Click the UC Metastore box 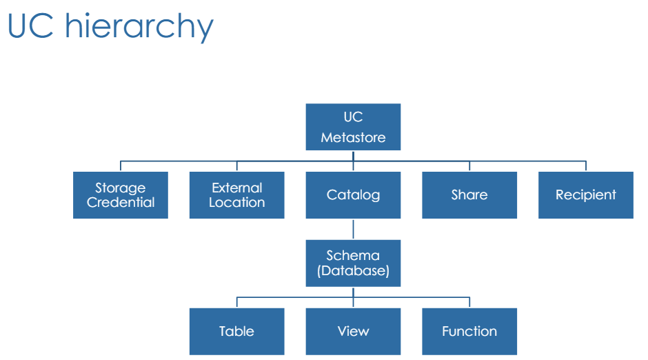click(353, 127)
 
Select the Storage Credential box click(121, 195)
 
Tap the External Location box click(237, 195)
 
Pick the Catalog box click(353, 195)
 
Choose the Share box click(469, 195)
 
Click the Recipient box click(585, 195)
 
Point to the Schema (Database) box click(353, 263)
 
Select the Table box click(237, 332)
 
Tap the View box click(353, 332)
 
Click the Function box click(469, 332)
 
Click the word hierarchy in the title click(139, 27)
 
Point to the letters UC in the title click(30, 26)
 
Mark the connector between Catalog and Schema click(354, 229)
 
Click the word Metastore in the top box click(354, 137)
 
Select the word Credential click(121, 202)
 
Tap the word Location click(237, 202)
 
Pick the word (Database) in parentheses click(354, 271)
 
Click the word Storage click(120, 188)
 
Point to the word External click(237, 188)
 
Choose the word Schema click(353, 255)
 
